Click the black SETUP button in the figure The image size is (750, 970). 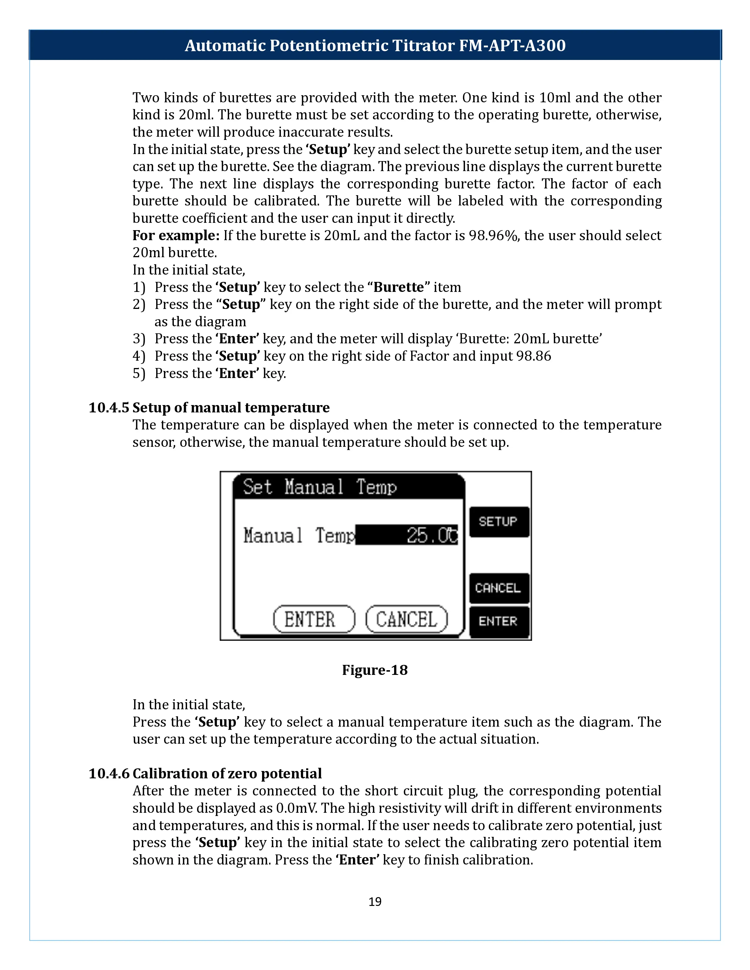tap(499, 521)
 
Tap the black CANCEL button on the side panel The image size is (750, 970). tap(499, 588)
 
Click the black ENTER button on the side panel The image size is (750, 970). tap(499, 621)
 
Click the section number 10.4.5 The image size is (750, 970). tap(109, 407)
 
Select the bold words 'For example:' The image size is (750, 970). tap(176, 235)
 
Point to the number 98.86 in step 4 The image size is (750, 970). tap(533, 356)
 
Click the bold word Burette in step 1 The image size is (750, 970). tap(399, 287)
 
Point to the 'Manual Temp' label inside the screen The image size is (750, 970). tap(299, 535)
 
